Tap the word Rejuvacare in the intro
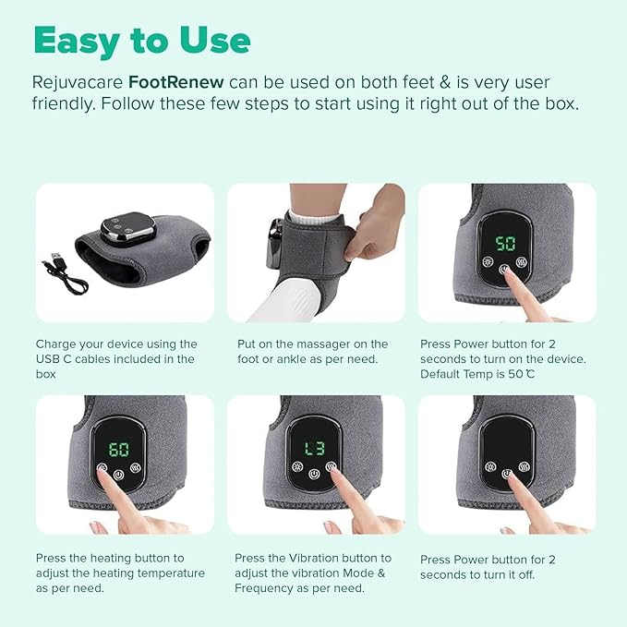pyautogui.click(x=78, y=81)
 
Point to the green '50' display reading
pyautogui.click(x=505, y=244)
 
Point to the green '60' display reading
pyautogui.click(x=119, y=450)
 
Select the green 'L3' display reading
pyautogui.click(x=314, y=450)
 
